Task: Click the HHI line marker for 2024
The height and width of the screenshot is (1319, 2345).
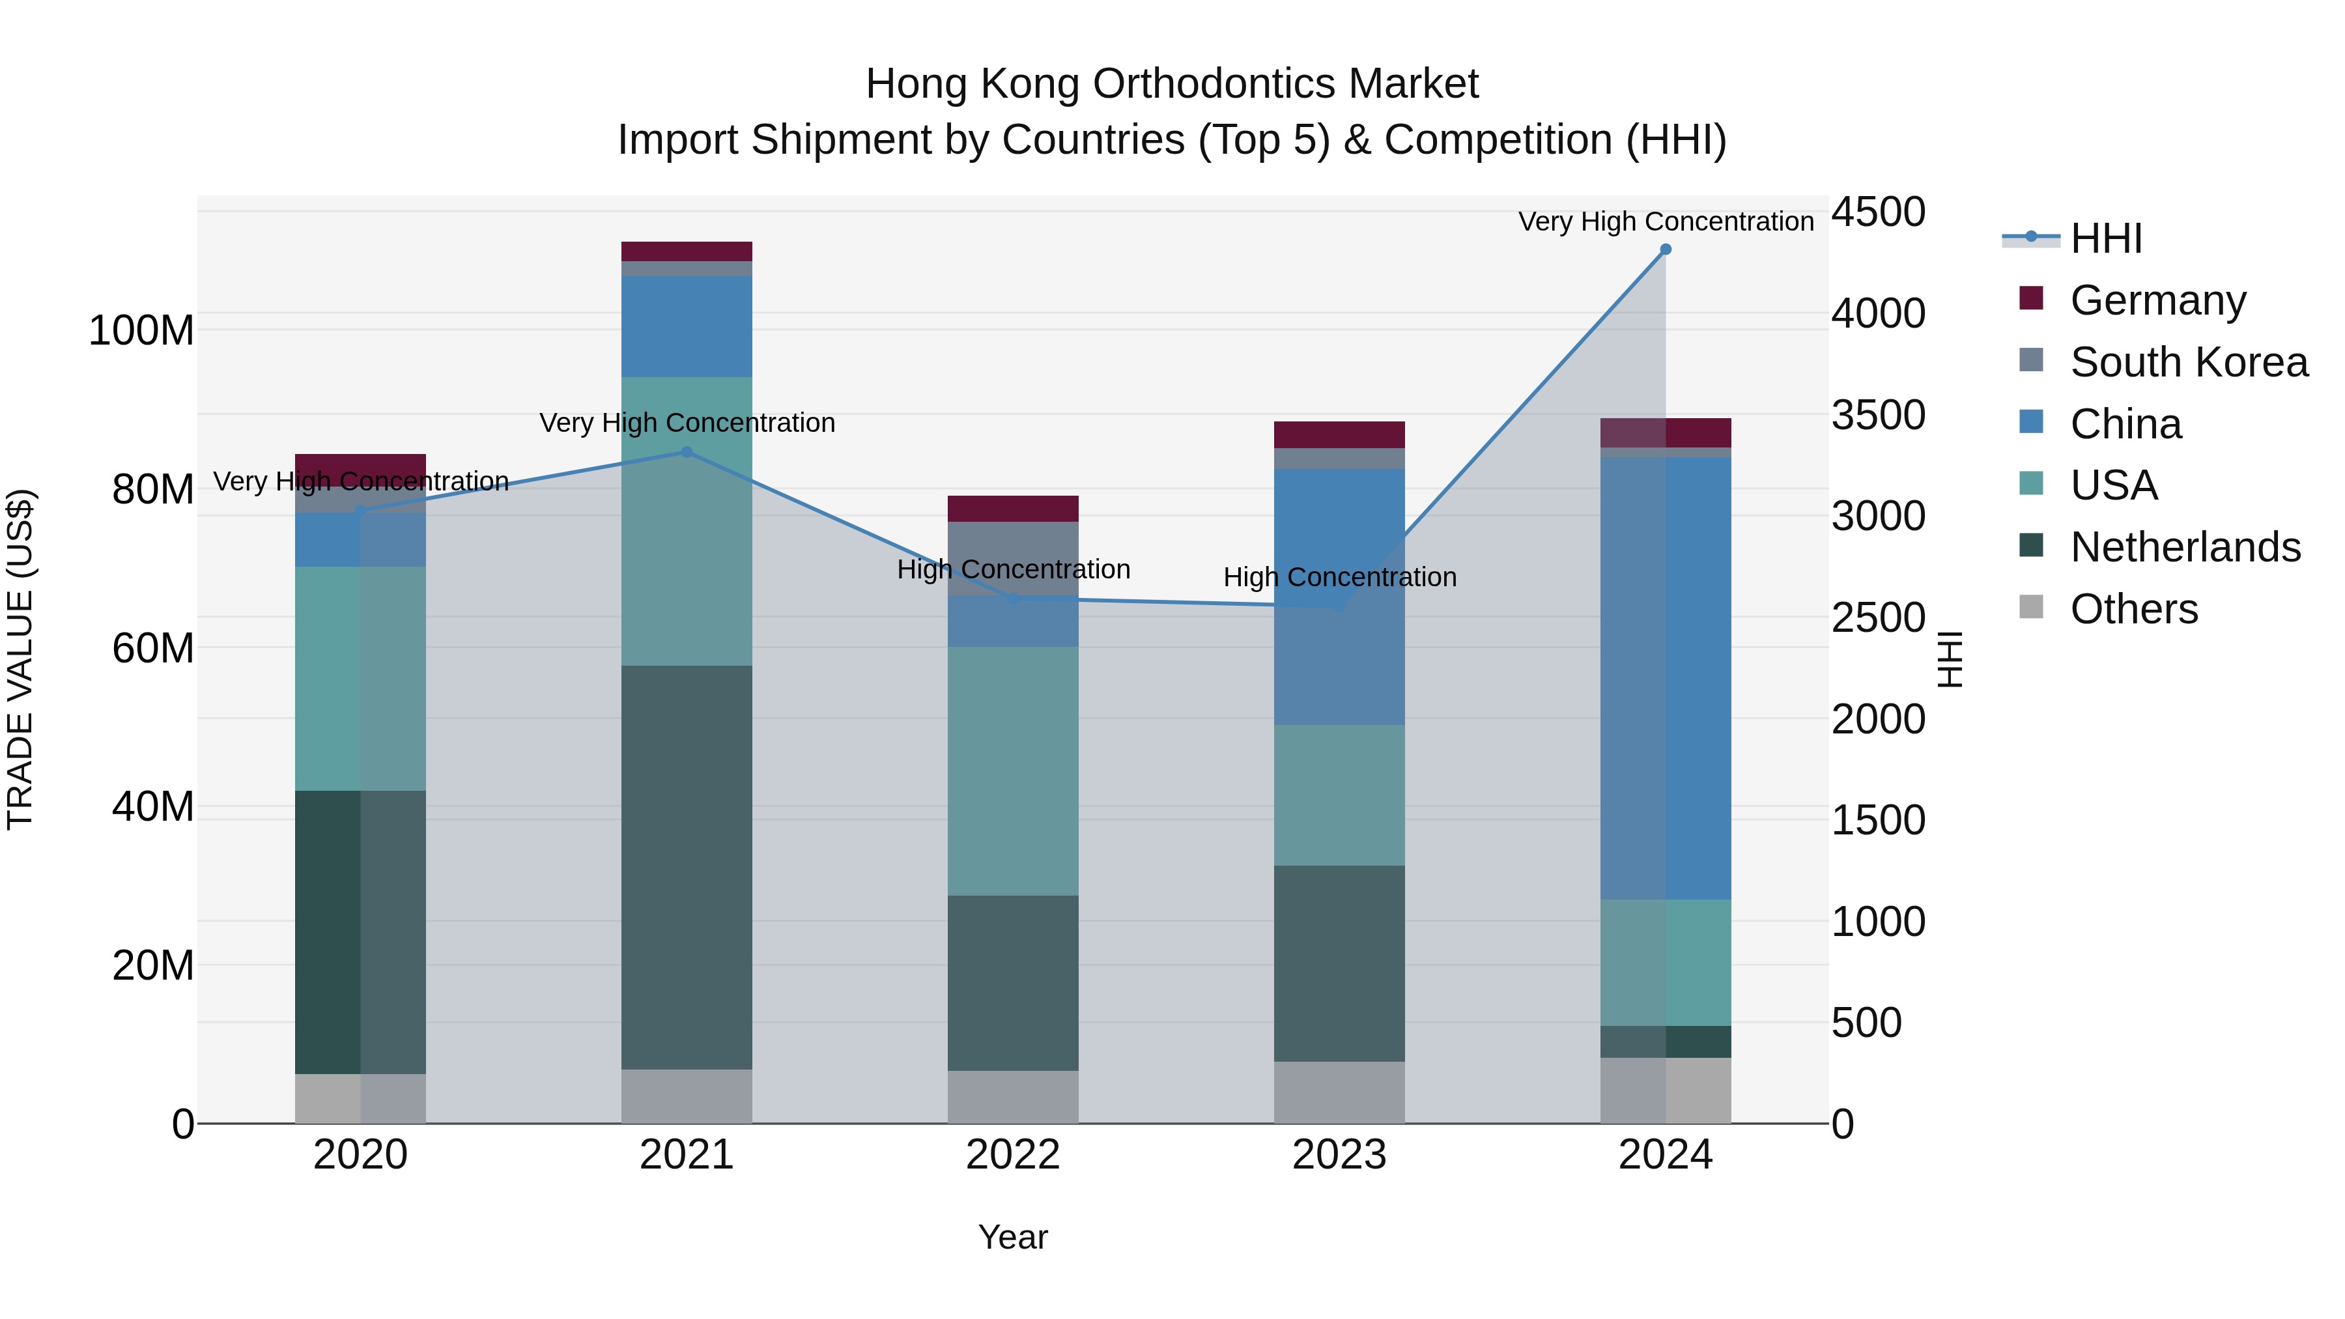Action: [x=1665, y=249]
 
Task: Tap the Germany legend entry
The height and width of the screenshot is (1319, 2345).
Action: [x=2157, y=300]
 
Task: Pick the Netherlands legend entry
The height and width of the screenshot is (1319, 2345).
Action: [x=2184, y=547]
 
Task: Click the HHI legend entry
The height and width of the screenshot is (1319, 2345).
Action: [x=2105, y=238]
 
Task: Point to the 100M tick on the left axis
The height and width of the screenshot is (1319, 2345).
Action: [x=141, y=330]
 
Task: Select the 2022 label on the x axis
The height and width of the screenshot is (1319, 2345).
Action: [x=1012, y=1155]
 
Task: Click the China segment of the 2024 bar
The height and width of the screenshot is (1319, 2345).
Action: [x=1665, y=678]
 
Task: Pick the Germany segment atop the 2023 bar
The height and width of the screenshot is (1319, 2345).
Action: [x=1339, y=434]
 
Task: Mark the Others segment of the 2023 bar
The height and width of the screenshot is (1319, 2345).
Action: [x=1339, y=1092]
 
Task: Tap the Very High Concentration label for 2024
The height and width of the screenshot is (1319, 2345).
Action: [x=1665, y=221]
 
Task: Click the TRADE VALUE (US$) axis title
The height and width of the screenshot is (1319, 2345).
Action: [x=21, y=659]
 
